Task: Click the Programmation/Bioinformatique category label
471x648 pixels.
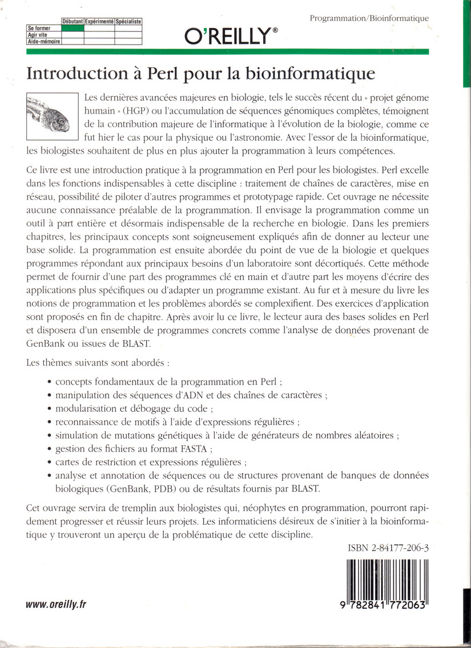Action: click(369, 18)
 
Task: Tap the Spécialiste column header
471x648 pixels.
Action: click(128, 22)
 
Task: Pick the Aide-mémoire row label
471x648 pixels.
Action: click(44, 41)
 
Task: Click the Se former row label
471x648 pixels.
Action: click(39, 28)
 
